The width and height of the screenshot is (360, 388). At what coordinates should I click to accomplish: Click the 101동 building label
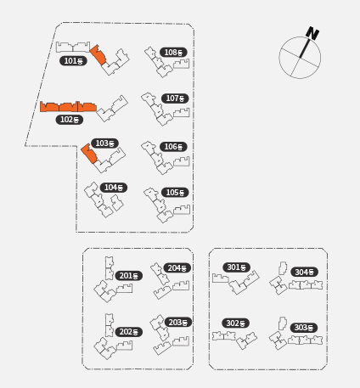click(x=73, y=61)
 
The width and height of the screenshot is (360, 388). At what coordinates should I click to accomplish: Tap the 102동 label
click(x=70, y=120)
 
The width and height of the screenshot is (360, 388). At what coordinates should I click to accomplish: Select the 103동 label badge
click(x=104, y=143)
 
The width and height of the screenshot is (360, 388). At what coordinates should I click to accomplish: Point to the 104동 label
click(x=114, y=188)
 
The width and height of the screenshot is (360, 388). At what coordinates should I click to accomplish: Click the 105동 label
click(x=175, y=193)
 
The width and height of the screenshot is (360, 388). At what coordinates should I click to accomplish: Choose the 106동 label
click(x=173, y=147)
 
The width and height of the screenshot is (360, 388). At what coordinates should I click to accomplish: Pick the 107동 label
click(x=175, y=98)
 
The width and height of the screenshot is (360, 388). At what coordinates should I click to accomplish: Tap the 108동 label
click(x=173, y=53)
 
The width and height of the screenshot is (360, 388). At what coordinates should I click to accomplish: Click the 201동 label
click(x=129, y=276)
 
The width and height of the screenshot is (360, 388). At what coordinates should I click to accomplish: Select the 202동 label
click(x=129, y=332)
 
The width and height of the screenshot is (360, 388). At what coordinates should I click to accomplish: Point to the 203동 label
click(x=178, y=323)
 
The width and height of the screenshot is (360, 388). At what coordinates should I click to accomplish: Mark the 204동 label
click(x=177, y=268)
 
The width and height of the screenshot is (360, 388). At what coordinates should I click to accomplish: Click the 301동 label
click(x=237, y=267)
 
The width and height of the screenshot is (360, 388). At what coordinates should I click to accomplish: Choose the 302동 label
click(x=235, y=323)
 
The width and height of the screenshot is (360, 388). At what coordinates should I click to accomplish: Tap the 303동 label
click(x=304, y=328)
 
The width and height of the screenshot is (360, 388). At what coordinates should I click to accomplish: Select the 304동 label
click(x=304, y=272)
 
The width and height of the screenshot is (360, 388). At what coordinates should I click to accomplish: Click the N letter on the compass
click(x=312, y=33)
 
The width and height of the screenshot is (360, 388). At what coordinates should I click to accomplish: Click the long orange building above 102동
click(x=68, y=107)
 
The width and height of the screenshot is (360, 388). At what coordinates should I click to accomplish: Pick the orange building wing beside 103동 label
click(x=89, y=154)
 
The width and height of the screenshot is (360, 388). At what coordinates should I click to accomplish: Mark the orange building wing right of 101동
click(x=98, y=54)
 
